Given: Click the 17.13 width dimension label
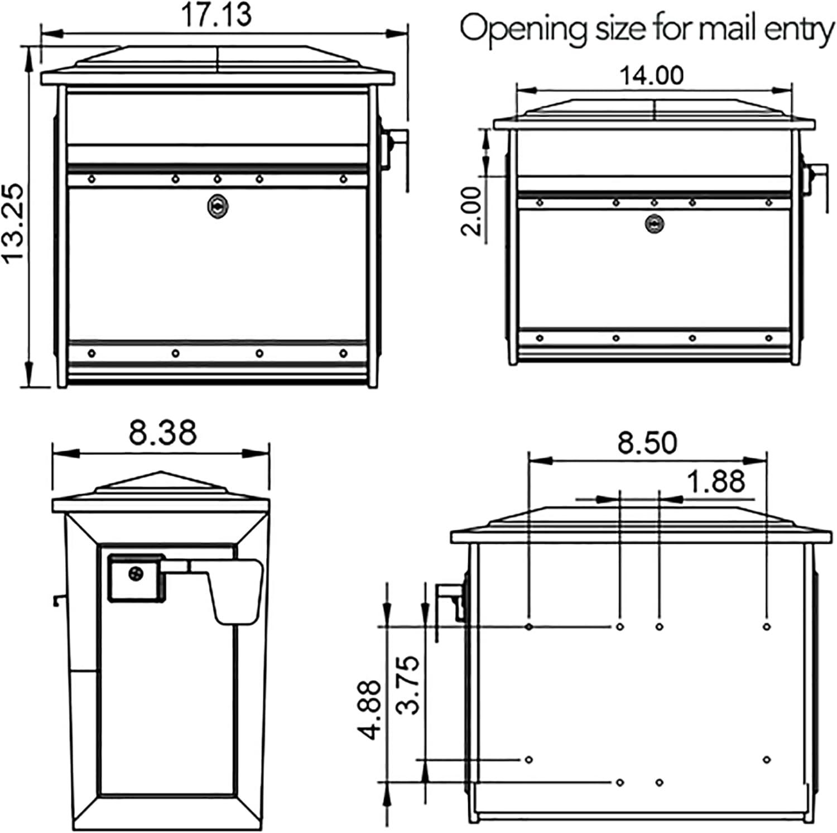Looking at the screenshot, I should click(216, 15).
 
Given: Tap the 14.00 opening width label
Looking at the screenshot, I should click(651, 75).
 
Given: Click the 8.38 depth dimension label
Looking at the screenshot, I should click(162, 433).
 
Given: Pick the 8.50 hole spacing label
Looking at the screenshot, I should click(647, 443).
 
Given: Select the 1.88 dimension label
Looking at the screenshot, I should click(716, 481).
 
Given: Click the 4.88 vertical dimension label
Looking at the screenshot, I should click(370, 709).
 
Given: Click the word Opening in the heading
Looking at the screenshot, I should click(522, 29).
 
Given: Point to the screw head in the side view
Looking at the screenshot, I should click(136, 573).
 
